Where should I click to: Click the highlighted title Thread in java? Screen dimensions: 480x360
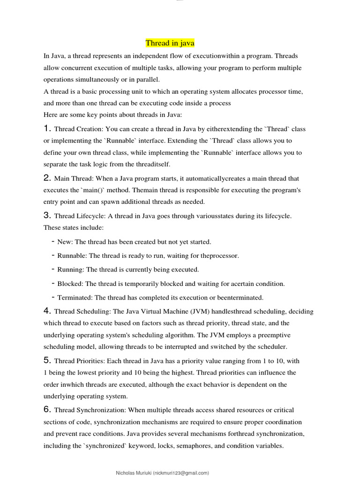click(x=170, y=43)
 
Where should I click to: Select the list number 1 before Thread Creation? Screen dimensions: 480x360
click(x=47, y=128)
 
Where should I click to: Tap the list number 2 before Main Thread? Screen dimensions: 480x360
click(x=47, y=178)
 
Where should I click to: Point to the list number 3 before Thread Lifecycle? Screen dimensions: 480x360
click(x=47, y=215)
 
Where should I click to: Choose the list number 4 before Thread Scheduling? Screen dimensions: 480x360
click(x=47, y=311)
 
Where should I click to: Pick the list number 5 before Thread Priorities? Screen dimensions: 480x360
click(x=47, y=360)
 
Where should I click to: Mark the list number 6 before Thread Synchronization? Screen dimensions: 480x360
click(x=47, y=410)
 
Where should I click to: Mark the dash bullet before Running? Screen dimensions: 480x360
click(x=53, y=270)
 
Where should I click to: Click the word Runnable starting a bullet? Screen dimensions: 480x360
click(x=72, y=256)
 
